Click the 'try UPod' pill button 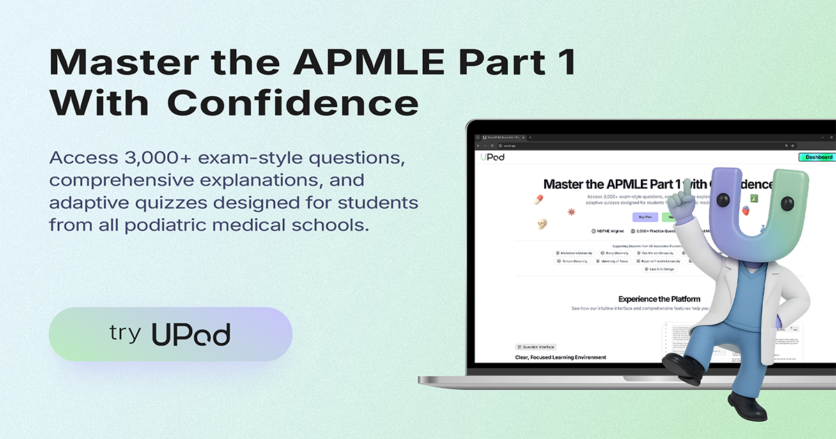[170, 334]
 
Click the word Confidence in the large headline [293, 104]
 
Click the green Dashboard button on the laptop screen [818, 157]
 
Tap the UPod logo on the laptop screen [493, 157]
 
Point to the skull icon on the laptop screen [541, 224]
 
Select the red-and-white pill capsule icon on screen [538, 200]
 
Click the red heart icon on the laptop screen [745, 211]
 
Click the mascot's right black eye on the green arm [787, 203]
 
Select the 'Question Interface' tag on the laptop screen [536, 346]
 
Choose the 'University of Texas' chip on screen [612, 261]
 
